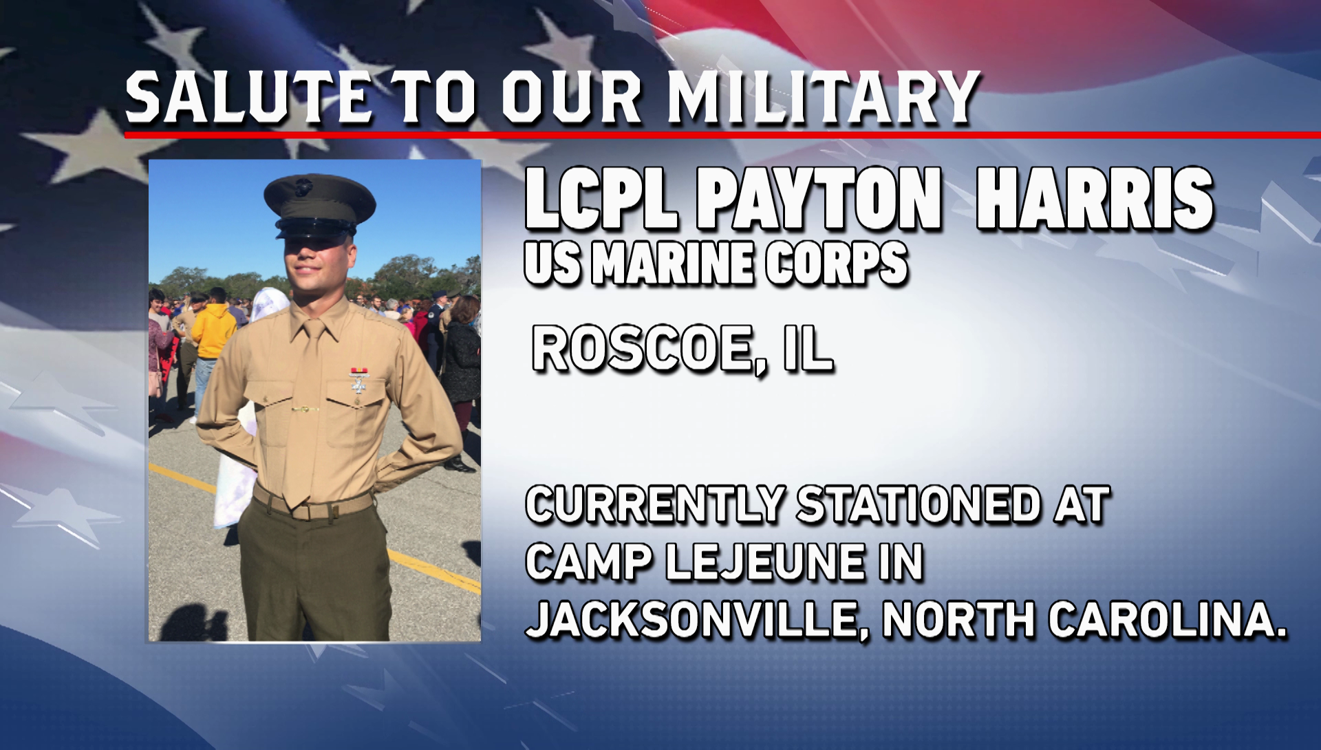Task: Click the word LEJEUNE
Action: (764, 562)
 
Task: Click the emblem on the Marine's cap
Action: (303, 186)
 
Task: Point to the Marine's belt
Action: (313, 505)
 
